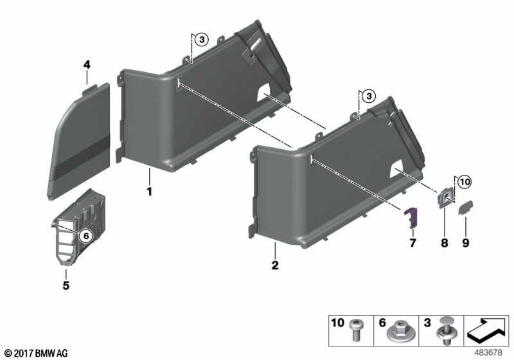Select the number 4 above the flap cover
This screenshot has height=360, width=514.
tap(87, 64)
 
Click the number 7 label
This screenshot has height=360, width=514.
tap(412, 242)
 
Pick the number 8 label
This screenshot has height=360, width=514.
tap(443, 242)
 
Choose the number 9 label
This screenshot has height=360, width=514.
tap(466, 242)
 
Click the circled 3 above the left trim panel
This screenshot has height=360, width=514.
tap(201, 40)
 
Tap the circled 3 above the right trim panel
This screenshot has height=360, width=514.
tap(368, 96)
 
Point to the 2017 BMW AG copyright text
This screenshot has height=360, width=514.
tap(35, 353)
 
